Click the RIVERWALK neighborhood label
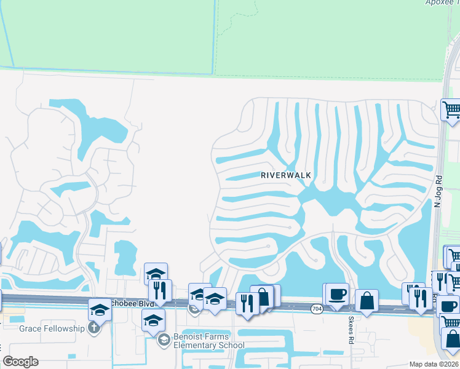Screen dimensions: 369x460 tap(286, 175)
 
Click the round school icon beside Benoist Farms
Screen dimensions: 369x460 tap(164, 339)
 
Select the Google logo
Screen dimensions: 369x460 tap(20, 362)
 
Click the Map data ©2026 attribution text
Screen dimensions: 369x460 tap(433, 364)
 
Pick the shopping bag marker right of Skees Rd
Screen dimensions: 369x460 tap(367, 301)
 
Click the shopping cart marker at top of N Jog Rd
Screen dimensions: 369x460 tap(451, 110)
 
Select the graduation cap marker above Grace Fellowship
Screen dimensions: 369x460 tap(100, 309)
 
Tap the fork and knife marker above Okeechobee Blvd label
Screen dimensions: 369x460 tap(160, 291)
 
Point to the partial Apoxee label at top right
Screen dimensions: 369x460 tap(442, 2)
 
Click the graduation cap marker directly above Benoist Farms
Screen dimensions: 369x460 tap(154, 320)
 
